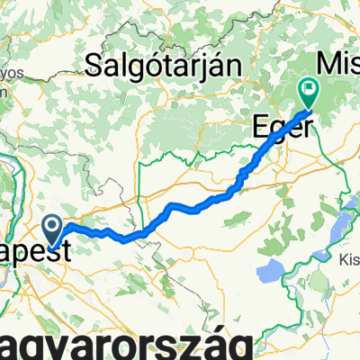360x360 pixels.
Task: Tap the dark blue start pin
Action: [52, 228]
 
